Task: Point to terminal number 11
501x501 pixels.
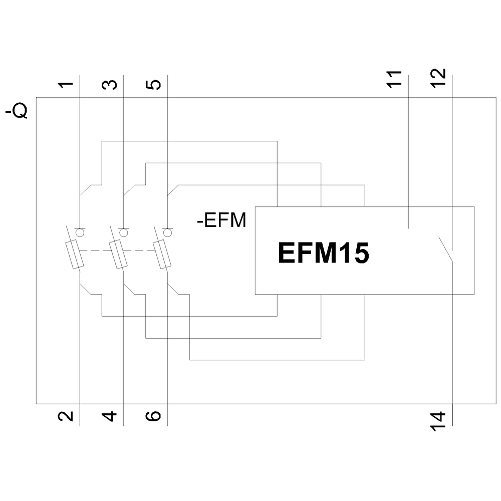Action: click(395, 79)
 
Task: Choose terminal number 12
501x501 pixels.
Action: click(438, 79)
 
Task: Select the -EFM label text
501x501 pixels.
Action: click(222, 220)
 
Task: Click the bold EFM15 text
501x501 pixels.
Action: click(323, 254)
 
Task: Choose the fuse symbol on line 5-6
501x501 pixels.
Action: click(161, 254)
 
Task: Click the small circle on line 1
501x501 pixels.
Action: click(80, 232)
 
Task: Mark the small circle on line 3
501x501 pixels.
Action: click(123, 232)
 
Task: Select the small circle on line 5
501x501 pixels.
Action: click(167, 232)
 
